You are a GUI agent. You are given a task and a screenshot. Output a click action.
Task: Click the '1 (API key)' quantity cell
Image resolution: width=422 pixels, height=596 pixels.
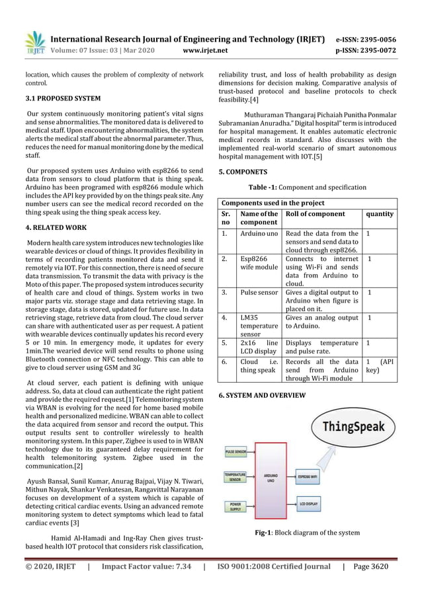[380, 371]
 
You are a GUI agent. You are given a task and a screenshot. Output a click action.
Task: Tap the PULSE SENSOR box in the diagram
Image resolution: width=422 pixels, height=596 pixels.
[236, 452]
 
